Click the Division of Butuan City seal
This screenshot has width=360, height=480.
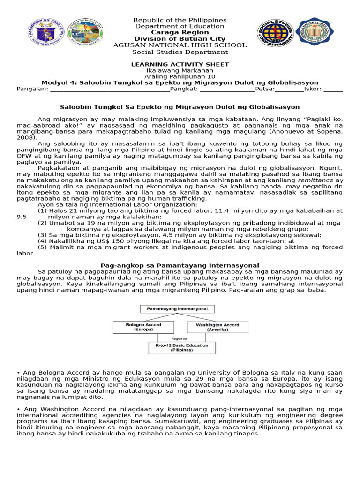pyautogui.click(x=86, y=32)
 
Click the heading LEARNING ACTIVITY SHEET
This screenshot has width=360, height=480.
pyautogui.click(x=180, y=64)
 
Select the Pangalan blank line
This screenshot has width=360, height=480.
pyautogui.click(x=109, y=89)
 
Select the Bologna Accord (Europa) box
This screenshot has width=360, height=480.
pyautogui.click(x=143, y=327)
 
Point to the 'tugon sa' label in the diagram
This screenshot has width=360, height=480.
pyautogui.click(x=180, y=337)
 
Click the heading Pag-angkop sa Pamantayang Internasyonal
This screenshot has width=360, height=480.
pyautogui.click(x=180, y=265)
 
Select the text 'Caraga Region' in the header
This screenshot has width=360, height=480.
pyautogui.click(x=180, y=33)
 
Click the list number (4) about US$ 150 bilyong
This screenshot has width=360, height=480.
pyautogui.click(x=43, y=241)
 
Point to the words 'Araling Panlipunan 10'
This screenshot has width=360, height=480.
pyautogui.click(x=180, y=76)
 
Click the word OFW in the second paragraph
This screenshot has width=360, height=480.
pyautogui.click(x=24, y=156)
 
